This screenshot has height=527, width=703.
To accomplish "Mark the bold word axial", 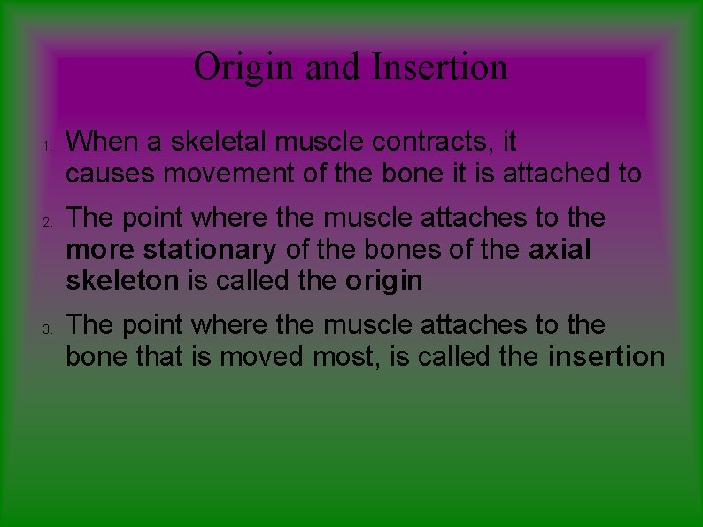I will click(x=560, y=249).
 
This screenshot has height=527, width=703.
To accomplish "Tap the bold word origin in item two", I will click(x=384, y=282).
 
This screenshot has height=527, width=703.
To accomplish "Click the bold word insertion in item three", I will click(x=606, y=357).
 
